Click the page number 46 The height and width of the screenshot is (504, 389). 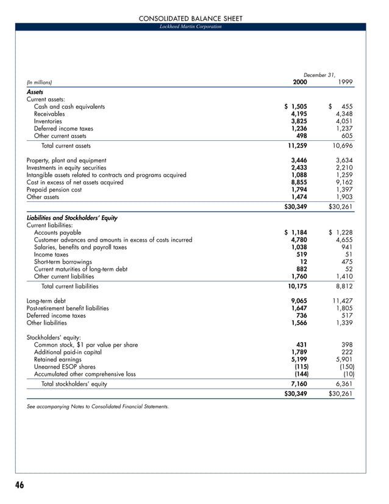tap(20, 485)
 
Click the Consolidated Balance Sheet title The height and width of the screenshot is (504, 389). tap(191, 19)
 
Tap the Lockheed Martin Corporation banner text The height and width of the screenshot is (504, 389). tap(190, 27)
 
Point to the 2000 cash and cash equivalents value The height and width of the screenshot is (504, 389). tap(296, 107)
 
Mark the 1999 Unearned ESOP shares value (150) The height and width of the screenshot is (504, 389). tap(346, 367)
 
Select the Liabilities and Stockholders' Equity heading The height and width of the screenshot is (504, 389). tap(72, 218)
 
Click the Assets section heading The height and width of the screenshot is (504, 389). tap(35, 92)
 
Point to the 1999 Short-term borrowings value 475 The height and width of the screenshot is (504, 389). tap(347, 262)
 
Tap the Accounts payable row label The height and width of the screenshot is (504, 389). tap(57, 232)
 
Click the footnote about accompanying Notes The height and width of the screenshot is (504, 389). tap(98, 406)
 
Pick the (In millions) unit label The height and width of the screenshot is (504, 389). tap(39, 82)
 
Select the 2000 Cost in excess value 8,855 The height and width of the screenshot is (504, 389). tap(298, 182)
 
